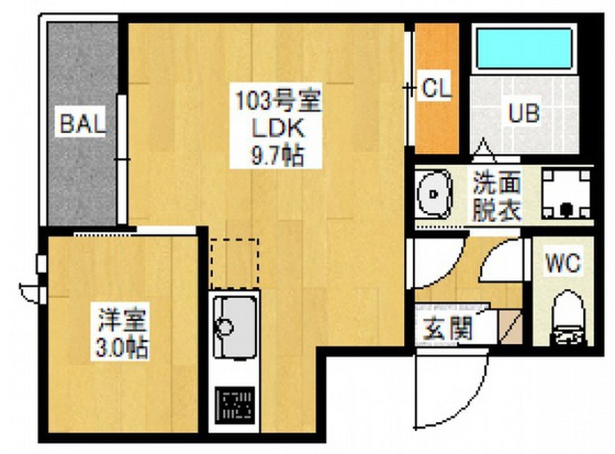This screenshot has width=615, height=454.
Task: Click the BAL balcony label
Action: [82, 123]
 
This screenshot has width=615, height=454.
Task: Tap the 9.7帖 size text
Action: [276, 156]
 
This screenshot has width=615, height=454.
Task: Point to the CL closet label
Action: [436, 89]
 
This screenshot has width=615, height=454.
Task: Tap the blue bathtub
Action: [524, 49]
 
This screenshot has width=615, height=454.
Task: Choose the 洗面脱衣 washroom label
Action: [497, 195]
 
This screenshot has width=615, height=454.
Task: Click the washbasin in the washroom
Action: [434, 194]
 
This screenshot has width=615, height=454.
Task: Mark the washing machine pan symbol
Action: [566, 194]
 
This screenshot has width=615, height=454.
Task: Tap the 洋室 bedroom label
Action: [123, 320]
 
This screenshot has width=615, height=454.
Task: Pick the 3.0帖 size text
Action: [122, 348]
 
